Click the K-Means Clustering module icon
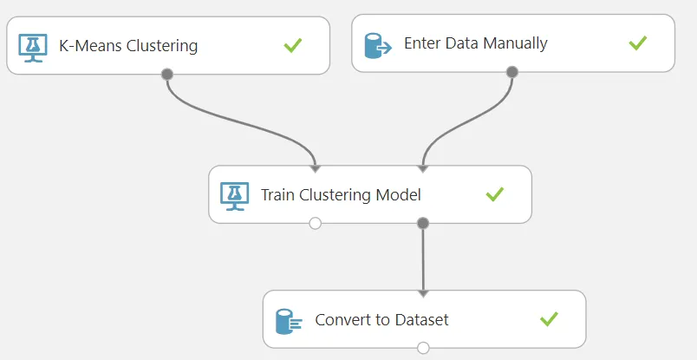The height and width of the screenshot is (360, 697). click(33, 48)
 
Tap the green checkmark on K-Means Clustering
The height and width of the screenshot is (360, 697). click(293, 45)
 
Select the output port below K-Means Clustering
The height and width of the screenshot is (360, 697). click(167, 75)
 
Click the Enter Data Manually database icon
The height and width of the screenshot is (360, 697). click(378, 45)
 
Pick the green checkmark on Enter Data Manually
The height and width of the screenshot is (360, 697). click(638, 43)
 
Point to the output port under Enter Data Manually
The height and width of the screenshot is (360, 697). click(512, 72)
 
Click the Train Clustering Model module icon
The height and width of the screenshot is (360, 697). click(235, 196)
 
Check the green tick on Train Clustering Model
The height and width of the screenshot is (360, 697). click(495, 194)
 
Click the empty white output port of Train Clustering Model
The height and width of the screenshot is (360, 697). click(316, 223)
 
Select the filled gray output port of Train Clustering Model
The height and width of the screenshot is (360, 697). click(423, 223)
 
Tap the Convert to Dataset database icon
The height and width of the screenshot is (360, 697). click(289, 322)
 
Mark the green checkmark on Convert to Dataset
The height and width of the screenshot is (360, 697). click(549, 319)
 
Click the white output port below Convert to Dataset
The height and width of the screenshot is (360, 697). click(423, 348)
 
